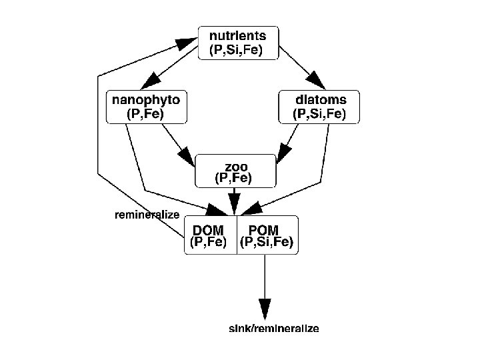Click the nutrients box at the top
pyautogui.click(x=238, y=42)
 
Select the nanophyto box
pyautogui.click(x=145, y=107)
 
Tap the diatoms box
pyautogui.click(x=319, y=107)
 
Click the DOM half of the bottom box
pyautogui.click(x=210, y=235)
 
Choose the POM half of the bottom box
pyautogui.click(x=267, y=235)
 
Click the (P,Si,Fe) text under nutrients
pyautogui.click(x=238, y=49)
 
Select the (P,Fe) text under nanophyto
pyautogui.click(x=145, y=114)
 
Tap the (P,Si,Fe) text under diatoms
pyautogui.click(x=319, y=114)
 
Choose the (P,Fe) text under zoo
pyautogui.click(x=233, y=178)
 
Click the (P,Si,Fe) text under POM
pyautogui.click(x=267, y=242)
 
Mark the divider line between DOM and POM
pyautogui.click(x=237, y=235)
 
